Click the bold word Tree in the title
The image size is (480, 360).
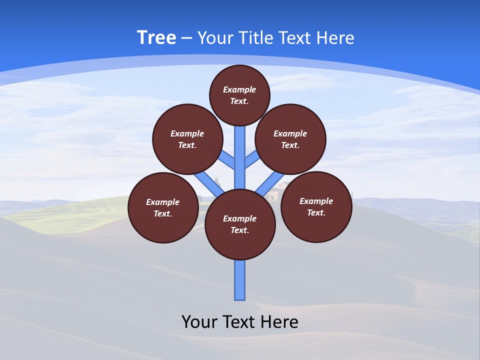(x=156, y=38)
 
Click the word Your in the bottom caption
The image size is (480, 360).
(x=199, y=322)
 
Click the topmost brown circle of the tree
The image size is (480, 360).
(x=239, y=95)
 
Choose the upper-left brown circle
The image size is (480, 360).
(x=187, y=139)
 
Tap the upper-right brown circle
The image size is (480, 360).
(x=290, y=139)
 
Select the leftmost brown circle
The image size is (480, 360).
(x=163, y=207)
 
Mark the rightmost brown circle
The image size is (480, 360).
(x=316, y=206)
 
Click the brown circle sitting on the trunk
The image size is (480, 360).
(x=240, y=224)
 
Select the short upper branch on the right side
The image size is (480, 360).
(x=251, y=160)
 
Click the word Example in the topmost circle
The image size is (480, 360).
(x=239, y=89)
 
